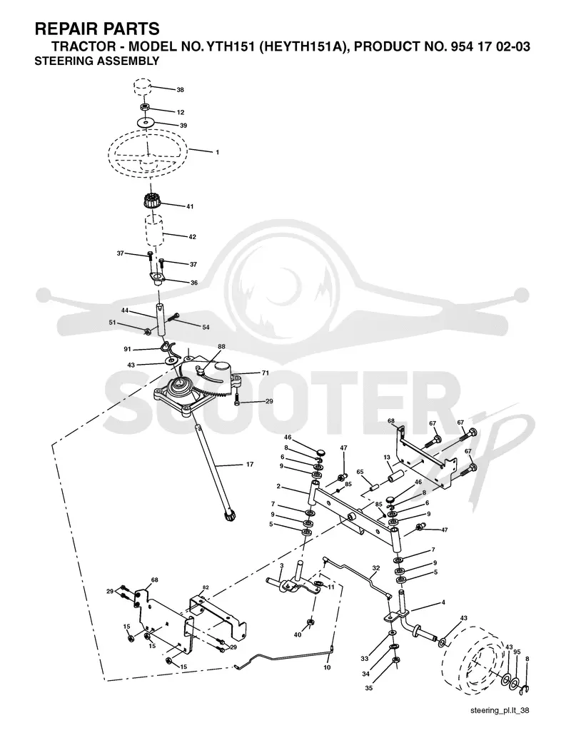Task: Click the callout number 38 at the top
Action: point(180,90)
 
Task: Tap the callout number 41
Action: point(190,206)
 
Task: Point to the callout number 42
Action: point(192,237)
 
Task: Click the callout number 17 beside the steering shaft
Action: point(250,464)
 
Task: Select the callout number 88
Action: point(221,346)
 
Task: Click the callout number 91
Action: point(127,349)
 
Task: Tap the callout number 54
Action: point(206,327)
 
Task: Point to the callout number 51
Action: point(112,322)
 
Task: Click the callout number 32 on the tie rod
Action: point(376,568)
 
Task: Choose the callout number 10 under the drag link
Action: point(327,667)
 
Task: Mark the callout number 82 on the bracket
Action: point(206,587)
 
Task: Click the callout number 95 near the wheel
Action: point(517,652)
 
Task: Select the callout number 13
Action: point(387,458)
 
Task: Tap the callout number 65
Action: point(360,472)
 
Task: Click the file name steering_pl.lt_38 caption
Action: point(500,711)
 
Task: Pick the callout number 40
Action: point(298,635)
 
